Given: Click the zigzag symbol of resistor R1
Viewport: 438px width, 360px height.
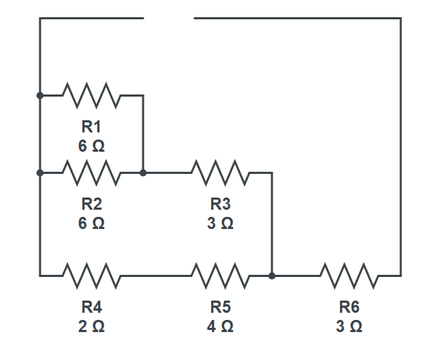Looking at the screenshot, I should click(x=92, y=94).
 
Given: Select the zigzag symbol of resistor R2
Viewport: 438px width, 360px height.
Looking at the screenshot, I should click(x=92, y=172).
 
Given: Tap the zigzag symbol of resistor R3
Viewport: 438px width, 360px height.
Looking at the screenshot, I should click(x=220, y=172).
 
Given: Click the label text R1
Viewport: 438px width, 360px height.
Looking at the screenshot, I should click(x=92, y=127).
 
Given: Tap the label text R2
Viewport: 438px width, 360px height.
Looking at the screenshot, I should click(x=92, y=205).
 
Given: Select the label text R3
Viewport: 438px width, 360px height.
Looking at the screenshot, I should click(x=220, y=205).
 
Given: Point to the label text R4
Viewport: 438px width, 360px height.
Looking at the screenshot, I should click(x=92, y=308).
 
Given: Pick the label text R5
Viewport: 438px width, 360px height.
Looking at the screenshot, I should click(x=220, y=308).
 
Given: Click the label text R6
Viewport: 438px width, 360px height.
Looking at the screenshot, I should click(x=349, y=308).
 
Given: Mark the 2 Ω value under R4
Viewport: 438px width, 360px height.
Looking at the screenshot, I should click(x=92, y=326).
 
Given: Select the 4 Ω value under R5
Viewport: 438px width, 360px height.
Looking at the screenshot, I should click(x=220, y=326).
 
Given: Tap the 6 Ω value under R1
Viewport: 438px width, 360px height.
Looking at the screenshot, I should click(x=92, y=146).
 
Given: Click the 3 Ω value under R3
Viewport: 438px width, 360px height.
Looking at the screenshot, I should click(x=220, y=224).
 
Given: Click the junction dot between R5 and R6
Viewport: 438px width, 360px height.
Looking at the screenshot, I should click(x=272, y=275).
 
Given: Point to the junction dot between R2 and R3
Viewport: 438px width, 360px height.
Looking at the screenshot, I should click(x=143, y=172).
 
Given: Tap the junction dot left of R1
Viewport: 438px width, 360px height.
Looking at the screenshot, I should click(x=40, y=94).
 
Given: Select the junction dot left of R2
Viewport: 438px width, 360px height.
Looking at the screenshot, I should click(x=40, y=172).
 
